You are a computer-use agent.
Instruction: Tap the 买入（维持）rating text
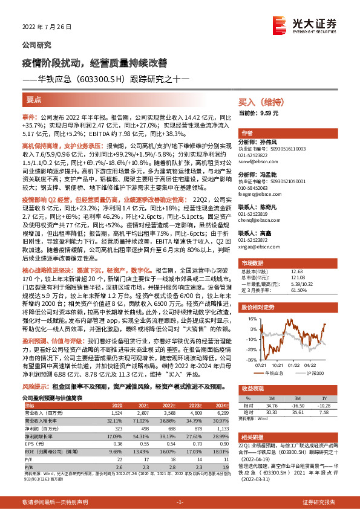click(258, 103)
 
